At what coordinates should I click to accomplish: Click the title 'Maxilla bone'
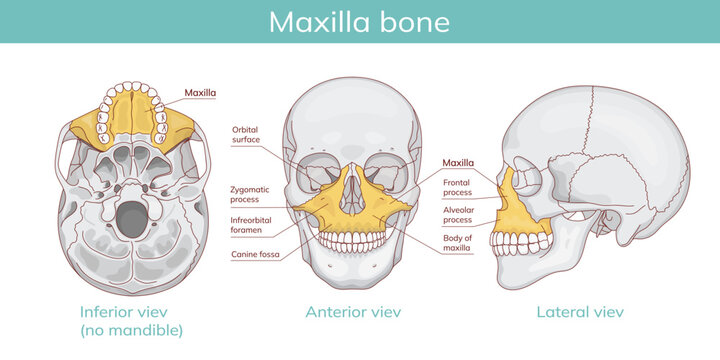[x=359, y=21]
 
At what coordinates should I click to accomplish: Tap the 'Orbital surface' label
[x=246, y=135]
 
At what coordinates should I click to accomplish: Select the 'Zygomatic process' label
[x=250, y=194]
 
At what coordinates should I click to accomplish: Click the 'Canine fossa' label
[x=256, y=255]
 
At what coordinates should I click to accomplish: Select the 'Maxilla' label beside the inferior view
[x=201, y=93]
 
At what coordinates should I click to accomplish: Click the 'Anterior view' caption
[x=353, y=312]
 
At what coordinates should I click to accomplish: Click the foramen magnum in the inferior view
[x=131, y=216]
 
